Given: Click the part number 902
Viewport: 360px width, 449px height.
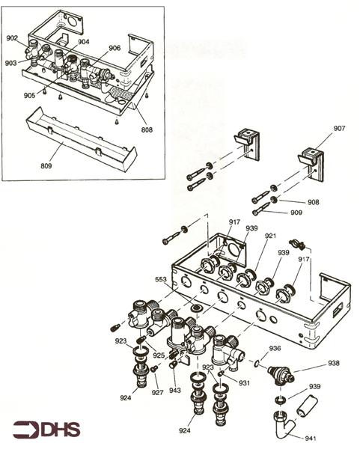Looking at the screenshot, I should (x=12, y=37).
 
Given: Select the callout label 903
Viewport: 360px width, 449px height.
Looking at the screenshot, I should (x=11, y=63).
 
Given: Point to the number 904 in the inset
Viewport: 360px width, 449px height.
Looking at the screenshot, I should (x=83, y=42).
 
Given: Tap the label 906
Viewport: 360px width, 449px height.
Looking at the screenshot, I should (x=115, y=48).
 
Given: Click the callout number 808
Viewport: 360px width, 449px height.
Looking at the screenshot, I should (x=147, y=129).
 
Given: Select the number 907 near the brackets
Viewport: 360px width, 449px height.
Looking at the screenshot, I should (x=340, y=129).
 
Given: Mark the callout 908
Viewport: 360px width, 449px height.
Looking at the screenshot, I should (x=314, y=202).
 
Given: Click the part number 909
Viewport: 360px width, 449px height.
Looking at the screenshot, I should (x=297, y=213).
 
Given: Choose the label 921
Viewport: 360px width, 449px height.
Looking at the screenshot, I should (x=270, y=236).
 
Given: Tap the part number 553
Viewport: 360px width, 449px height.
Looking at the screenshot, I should (x=161, y=279).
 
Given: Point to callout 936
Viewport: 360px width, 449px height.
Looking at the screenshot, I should (x=275, y=349).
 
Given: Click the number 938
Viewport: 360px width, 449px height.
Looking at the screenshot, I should (x=334, y=364).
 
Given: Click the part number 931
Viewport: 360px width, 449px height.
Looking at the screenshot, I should (x=244, y=383).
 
